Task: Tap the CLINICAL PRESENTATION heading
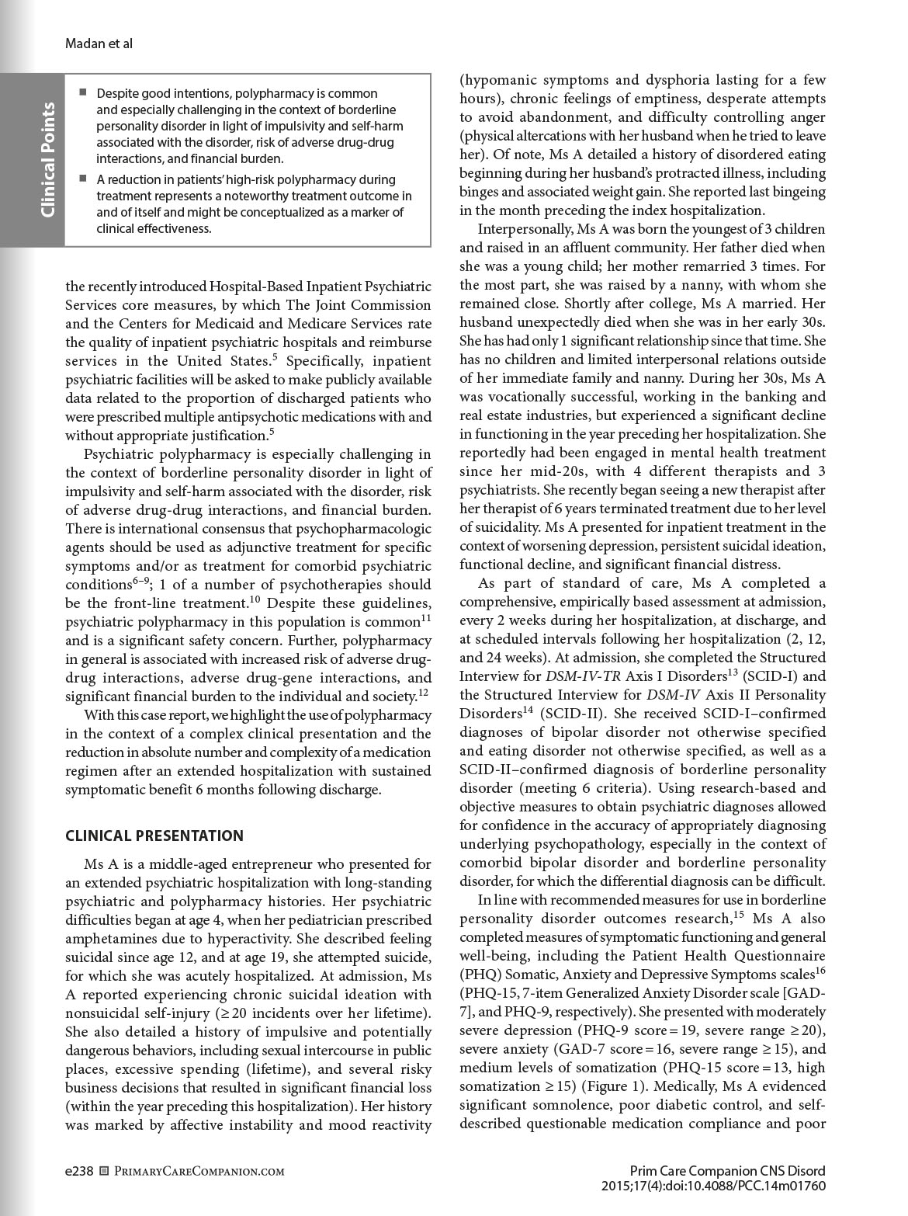point(154,836)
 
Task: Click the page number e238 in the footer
point(79,1171)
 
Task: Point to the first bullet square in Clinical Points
point(82,93)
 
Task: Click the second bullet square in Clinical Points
point(82,179)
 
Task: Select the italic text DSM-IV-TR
point(577,676)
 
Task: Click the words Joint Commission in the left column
point(383,304)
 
